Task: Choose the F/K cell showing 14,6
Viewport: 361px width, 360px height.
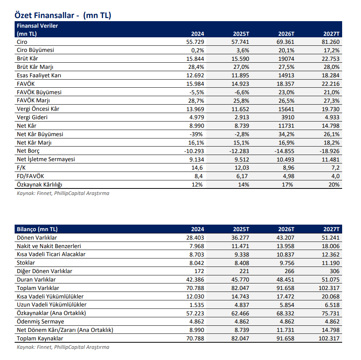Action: (x=198, y=168)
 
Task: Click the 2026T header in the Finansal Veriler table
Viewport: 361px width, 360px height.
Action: (x=287, y=34)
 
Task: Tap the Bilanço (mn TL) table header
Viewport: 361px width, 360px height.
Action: (x=37, y=229)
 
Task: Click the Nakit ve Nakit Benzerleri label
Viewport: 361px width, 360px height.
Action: (x=49, y=246)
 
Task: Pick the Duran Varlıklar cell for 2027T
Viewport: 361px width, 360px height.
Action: (x=331, y=280)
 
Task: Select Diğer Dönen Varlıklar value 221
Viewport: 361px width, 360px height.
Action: (x=244, y=271)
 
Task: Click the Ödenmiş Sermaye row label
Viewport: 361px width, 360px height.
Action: (x=40, y=322)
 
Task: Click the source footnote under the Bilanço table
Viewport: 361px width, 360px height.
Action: (x=63, y=347)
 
